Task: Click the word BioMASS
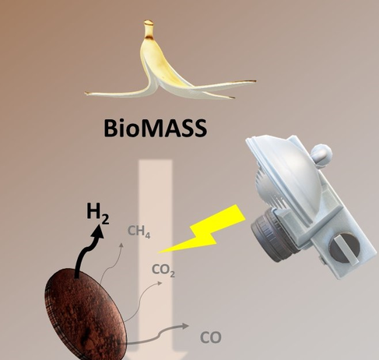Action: [155, 128]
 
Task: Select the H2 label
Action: [98, 214]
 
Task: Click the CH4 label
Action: [139, 231]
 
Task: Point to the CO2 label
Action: [163, 270]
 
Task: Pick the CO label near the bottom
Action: [211, 337]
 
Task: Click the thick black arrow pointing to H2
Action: [87, 251]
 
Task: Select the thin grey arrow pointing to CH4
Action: [111, 263]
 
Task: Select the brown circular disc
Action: [86, 314]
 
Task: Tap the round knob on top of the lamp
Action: [321, 153]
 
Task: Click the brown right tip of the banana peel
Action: [253, 81]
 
